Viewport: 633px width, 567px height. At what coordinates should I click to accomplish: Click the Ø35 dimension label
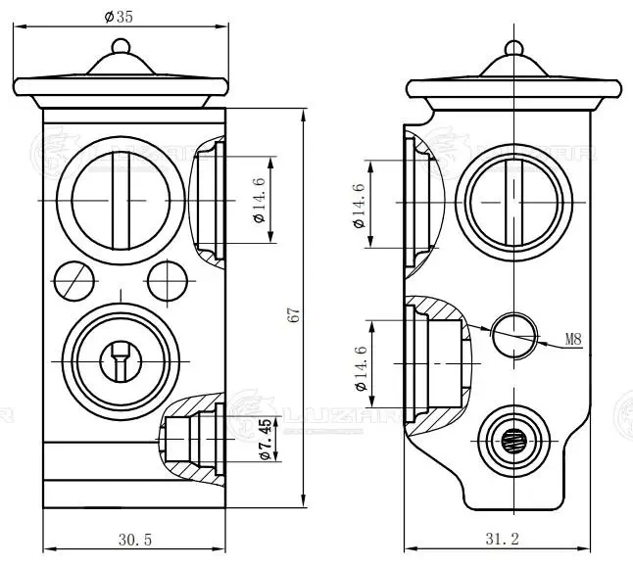[119, 16]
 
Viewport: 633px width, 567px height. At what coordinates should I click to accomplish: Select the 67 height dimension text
[293, 314]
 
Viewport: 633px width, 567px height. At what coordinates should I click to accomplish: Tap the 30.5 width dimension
[134, 538]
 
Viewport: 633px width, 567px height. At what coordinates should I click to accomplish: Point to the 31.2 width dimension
[501, 538]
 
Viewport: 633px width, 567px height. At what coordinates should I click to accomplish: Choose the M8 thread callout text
[574, 340]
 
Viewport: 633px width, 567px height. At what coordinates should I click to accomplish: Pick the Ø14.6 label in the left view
[260, 200]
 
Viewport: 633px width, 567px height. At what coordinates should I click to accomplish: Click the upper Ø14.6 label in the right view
[359, 205]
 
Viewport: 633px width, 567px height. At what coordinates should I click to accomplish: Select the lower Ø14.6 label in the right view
[361, 370]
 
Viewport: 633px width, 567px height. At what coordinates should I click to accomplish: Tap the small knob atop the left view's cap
[121, 46]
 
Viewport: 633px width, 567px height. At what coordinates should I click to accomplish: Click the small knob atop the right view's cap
[513, 46]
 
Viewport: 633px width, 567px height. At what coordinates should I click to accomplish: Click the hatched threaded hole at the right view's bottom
[513, 441]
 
